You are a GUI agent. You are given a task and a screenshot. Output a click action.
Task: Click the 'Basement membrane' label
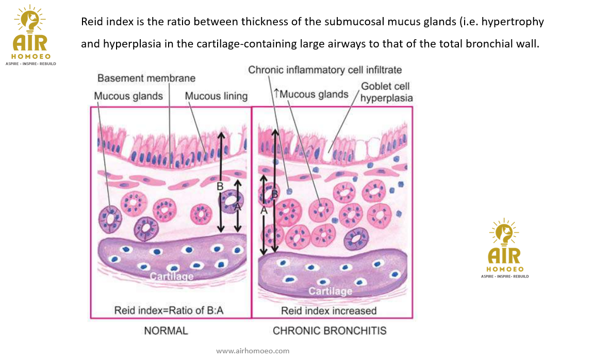[146, 78]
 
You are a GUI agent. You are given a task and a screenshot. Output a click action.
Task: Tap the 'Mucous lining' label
[216, 96]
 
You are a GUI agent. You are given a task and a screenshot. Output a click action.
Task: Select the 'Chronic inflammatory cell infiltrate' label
[325, 70]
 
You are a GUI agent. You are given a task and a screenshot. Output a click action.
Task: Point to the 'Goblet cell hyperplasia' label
[386, 92]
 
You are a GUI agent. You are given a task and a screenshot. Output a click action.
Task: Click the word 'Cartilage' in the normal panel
[172, 276]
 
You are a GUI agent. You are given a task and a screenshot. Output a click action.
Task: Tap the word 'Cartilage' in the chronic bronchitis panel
[331, 291]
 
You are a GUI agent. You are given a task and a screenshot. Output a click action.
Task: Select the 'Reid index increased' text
[328, 310]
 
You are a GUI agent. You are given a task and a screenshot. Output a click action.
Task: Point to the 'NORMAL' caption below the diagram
[166, 331]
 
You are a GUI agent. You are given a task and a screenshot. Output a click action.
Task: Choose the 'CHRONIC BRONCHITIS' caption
[330, 331]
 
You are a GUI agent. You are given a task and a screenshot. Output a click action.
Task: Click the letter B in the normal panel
[220, 186]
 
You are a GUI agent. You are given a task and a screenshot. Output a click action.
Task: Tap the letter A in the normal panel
[238, 206]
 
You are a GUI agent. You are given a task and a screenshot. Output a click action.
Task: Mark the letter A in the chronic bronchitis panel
[264, 210]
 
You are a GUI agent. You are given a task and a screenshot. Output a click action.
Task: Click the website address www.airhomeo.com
[253, 351]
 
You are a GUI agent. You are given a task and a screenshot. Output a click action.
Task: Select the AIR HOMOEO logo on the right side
[505, 248]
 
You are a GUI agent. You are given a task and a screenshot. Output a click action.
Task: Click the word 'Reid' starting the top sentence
[92, 23]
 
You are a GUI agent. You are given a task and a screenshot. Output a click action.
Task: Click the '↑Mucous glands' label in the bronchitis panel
[311, 94]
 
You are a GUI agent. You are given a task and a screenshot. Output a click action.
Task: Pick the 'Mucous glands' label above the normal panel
[128, 96]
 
